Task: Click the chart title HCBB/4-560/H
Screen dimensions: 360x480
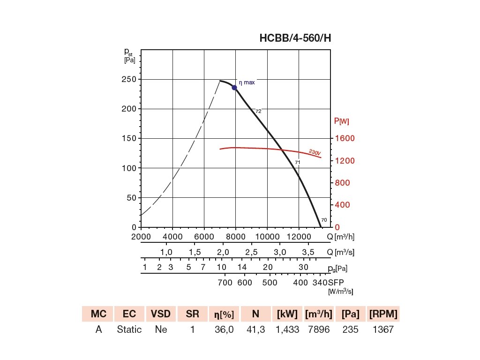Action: tap(295, 38)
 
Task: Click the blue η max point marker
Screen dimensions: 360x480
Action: tap(234, 88)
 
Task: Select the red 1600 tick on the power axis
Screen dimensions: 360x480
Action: tap(345, 138)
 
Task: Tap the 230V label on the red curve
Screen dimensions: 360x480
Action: tap(315, 152)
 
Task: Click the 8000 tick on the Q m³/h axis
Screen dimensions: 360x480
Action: tap(236, 236)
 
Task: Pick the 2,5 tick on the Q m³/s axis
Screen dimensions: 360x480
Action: tap(252, 252)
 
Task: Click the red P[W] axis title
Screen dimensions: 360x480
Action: tap(341, 121)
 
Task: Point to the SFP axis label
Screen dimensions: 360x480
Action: tap(337, 283)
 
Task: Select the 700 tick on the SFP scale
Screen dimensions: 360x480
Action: tap(225, 283)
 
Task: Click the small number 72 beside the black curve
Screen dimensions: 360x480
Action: tap(258, 112)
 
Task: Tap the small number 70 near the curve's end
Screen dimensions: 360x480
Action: tap(324, 219)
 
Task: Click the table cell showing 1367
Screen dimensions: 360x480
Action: tap(383, 330)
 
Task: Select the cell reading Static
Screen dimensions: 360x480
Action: tap(129, 330)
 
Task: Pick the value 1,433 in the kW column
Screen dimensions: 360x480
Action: tap(288, 330)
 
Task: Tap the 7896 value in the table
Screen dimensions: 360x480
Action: tap(319, 330)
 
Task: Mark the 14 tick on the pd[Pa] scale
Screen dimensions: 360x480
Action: tap(242, 267)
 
